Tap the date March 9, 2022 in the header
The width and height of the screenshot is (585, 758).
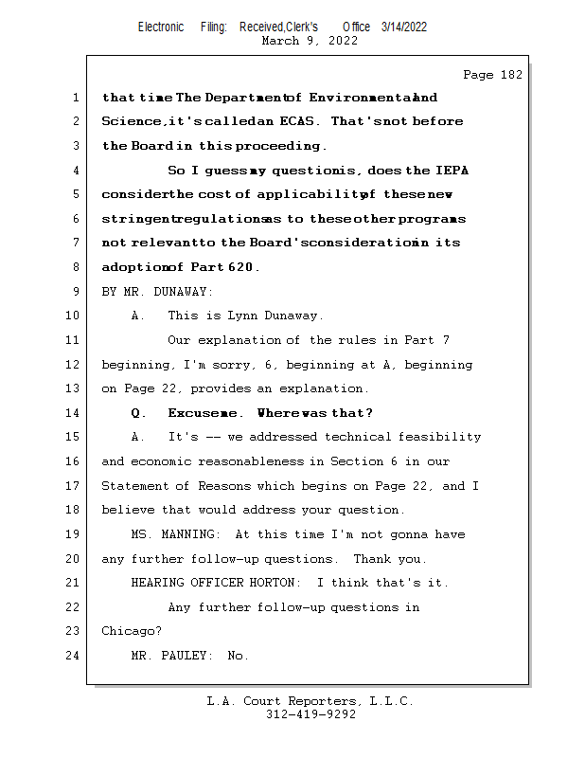[x=309, y=41]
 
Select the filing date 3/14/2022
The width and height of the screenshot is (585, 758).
[x=404, y=27]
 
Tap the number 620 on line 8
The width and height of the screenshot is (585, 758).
[x=242, y=268]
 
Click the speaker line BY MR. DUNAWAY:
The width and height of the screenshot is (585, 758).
[x=157, y=292]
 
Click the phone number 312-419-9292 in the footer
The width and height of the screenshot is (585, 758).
[x=310, y=714]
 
